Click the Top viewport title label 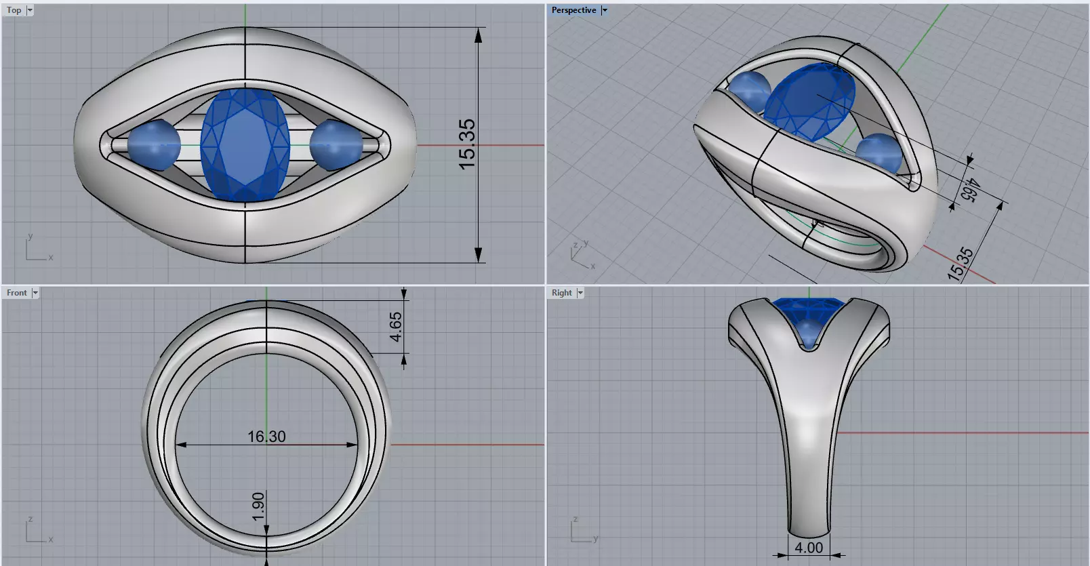14,10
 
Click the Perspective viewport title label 573,10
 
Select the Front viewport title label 17,293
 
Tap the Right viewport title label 561,293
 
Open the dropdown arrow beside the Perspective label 605,10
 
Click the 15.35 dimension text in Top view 467,144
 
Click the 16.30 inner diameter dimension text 266,437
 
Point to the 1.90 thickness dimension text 258,507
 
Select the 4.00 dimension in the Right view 808,548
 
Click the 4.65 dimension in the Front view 396,326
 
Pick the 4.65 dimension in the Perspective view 969,190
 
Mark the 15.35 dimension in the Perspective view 961,264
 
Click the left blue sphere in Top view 154,145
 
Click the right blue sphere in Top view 336,145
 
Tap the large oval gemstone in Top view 245,145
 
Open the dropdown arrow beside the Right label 580,293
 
